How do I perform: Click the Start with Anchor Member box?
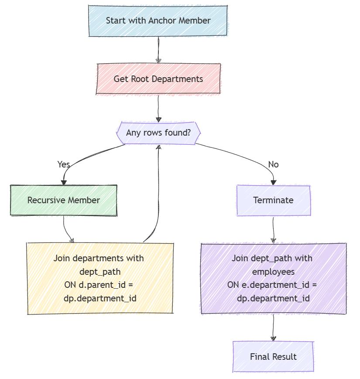point(158,20)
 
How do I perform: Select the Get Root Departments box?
point(158,79)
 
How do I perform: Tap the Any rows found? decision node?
point(158,132)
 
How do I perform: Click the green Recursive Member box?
point(64,200)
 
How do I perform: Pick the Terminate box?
point(273,200)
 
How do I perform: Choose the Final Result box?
point(273,356)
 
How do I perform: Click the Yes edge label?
point(64,164)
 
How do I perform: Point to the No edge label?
point(273,164)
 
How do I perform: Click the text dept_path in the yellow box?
point(100,272)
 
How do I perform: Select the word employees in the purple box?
point(273,272)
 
